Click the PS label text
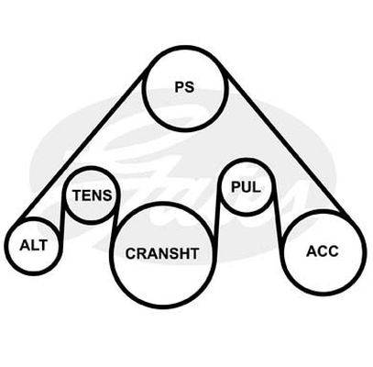[x=184, y=86]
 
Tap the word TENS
[x=93, y=195]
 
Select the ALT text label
[x=34, y=245]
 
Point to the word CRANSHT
[x=162, y=253]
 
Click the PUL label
[x=246, y=187]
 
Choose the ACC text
[x=323, y=251]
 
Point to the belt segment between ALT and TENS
[x=62, y=214]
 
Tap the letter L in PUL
[x=256, y=187]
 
